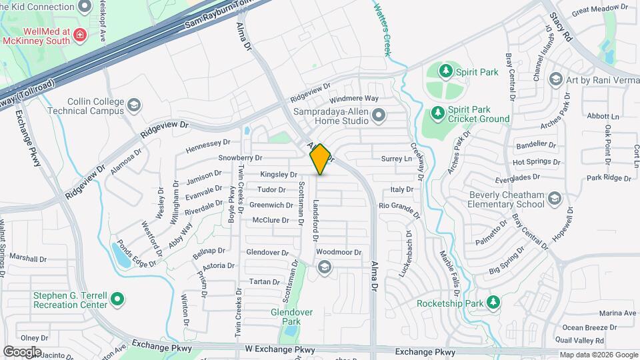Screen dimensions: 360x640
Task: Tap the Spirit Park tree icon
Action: (x=445, y=70)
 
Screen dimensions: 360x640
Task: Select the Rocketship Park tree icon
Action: (x=493, y=303)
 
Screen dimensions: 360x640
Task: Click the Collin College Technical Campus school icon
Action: (x=134, y=105)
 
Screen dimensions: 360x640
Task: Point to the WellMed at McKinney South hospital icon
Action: (x=80, y=34)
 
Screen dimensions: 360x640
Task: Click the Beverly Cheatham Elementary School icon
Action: (x=555, y=199)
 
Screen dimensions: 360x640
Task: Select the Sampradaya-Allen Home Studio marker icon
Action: (x=379, y=117)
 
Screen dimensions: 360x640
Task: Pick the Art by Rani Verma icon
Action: (x=555, y=80)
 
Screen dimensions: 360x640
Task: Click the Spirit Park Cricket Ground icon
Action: (x=437, y=113)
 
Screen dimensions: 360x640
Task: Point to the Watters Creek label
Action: (x=381, y=29)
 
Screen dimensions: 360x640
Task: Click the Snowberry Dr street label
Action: (x=240, y=158)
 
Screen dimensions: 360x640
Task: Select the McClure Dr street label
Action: (x=271, y=220)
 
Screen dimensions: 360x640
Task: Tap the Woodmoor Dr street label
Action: (x=339, y=253)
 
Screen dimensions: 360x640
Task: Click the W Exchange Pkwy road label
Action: (x=279, y=349)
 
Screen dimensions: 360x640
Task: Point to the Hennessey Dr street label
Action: (x=208, y=143)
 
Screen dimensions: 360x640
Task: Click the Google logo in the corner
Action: (x=22, y=351)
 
